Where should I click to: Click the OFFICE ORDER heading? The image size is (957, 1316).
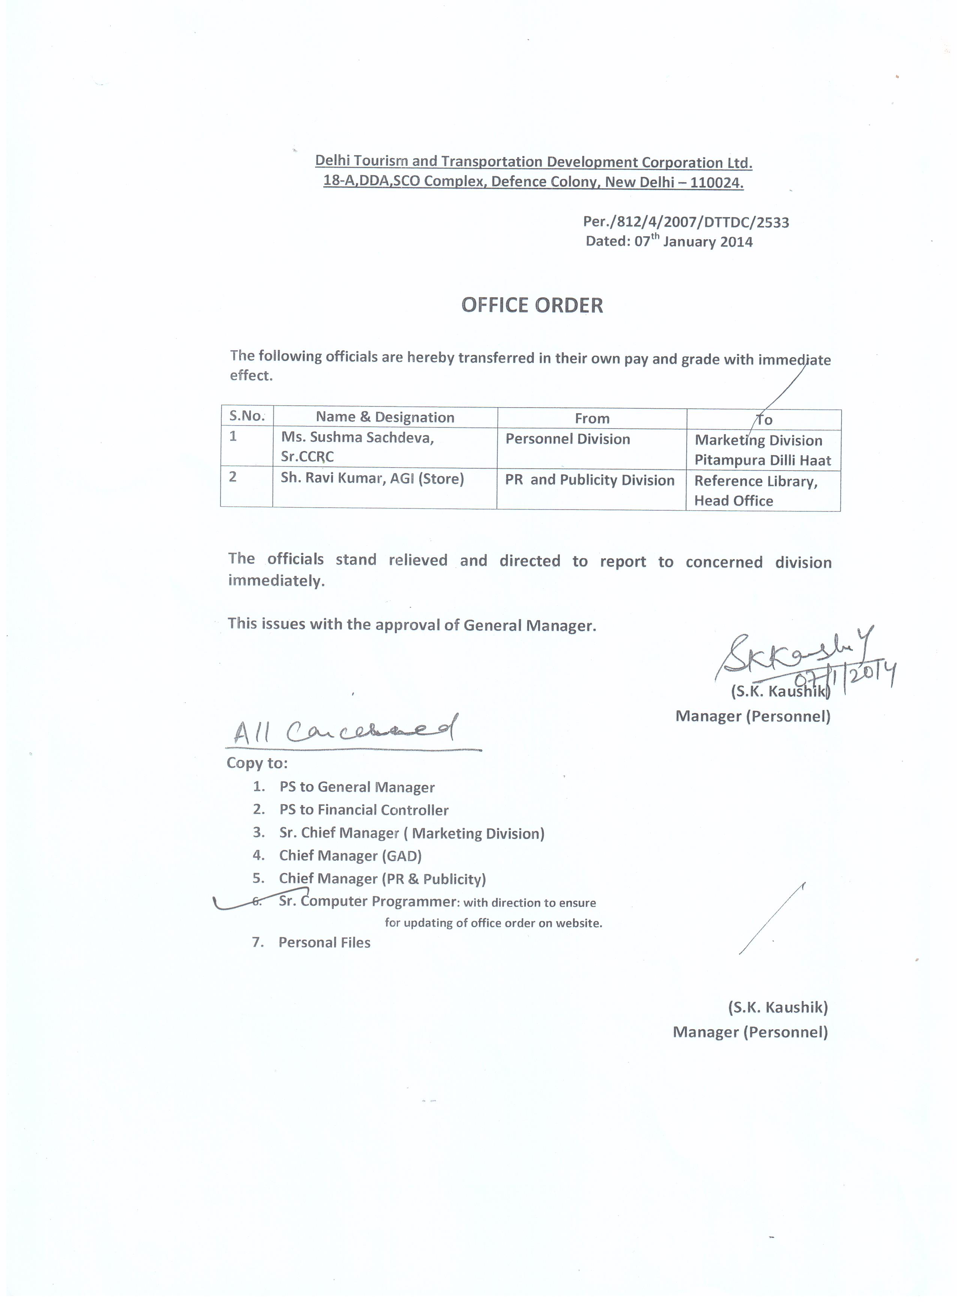point(532,305)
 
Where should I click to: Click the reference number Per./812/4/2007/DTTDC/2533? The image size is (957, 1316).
point(686,222)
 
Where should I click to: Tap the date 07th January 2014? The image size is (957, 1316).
point(693,241)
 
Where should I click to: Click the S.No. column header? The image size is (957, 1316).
point(247,416)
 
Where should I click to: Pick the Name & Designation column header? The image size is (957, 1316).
point(385,417)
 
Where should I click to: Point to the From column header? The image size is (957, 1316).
point(592,418)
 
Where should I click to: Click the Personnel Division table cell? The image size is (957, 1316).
point(568,439)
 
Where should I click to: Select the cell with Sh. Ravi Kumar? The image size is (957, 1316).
point(372,479)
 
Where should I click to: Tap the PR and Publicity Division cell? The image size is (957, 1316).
point(589,480)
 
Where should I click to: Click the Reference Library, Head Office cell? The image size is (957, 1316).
point(756,491)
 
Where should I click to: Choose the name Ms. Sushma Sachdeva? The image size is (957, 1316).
point(357,438)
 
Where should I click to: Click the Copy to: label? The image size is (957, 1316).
point(256,763)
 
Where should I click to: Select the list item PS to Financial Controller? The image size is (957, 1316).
point(364,810)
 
